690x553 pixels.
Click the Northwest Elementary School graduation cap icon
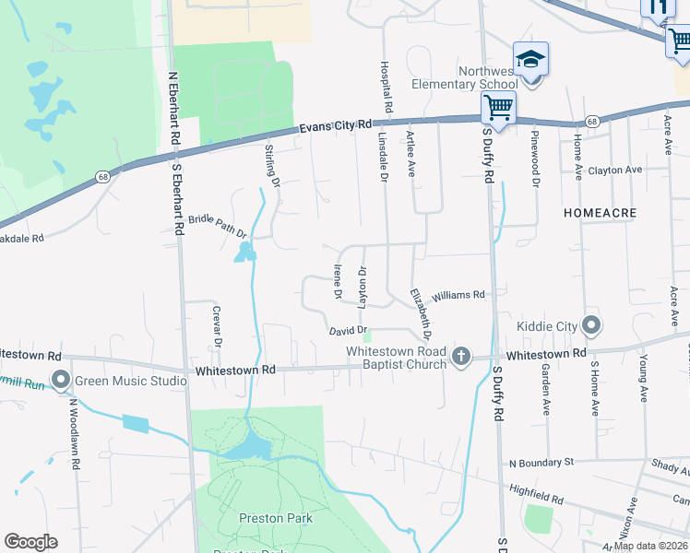pos(530,59)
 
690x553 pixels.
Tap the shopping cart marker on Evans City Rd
pos(498,107)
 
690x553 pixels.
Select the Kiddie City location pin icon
pos(591,326)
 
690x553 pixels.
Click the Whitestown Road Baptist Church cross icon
pos(460,355)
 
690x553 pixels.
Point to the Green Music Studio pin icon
pos(62,380)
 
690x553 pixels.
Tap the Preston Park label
pos(276,518)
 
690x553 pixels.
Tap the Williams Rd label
pos(458,295)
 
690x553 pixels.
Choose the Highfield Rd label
pos(536,496)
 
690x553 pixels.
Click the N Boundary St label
pos(541,461)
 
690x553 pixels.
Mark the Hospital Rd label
pos(388,88)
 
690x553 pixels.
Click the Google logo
pos(31,542)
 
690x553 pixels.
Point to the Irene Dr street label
pos(337,280)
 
